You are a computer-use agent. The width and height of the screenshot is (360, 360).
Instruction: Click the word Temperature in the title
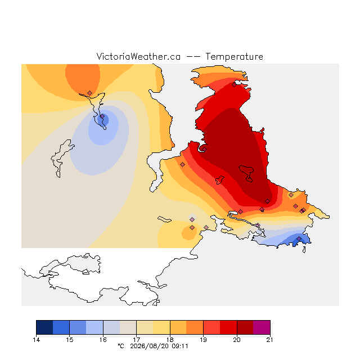tap(234, 56)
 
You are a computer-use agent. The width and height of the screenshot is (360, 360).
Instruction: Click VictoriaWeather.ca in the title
tap(138, 56)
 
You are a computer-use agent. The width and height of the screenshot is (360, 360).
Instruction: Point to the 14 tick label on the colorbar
tap(36, 340)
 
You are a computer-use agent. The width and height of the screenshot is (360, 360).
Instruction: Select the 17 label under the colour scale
tap(136, 340)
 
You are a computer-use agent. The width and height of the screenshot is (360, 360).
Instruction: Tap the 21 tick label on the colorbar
tap(270, 340)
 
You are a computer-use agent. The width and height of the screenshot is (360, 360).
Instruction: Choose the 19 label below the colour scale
tap(203, 340)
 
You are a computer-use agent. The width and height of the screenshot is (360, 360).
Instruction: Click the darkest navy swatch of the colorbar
tap(44, 327)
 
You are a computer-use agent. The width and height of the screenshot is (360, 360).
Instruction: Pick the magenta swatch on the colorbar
tap(262, 327)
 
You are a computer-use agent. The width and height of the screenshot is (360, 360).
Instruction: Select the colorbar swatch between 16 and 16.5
tap(111, 327)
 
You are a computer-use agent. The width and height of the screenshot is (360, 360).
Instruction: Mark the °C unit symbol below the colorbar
tap(121, 346)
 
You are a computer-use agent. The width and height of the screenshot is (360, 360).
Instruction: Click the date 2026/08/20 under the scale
tap(150, 346)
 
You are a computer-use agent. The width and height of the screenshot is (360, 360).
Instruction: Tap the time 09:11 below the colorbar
tap(180, 346)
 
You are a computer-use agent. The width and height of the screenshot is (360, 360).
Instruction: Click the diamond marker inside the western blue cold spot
tap(102, 116)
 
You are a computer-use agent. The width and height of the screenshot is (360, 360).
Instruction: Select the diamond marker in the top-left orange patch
tap(90, 93)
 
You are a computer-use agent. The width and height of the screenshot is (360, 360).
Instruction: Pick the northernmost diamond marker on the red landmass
tap(234, 85)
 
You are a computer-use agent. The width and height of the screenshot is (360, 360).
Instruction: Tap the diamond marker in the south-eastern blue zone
tap(299, 238)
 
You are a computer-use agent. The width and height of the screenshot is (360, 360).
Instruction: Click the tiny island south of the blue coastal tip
tap(304, 250)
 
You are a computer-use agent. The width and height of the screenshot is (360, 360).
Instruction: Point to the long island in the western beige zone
tap(61, 158)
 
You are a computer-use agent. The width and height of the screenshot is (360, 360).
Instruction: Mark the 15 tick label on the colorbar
tap(70, 340)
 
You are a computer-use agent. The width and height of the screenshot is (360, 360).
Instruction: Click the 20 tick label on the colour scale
tap(237, 340)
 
